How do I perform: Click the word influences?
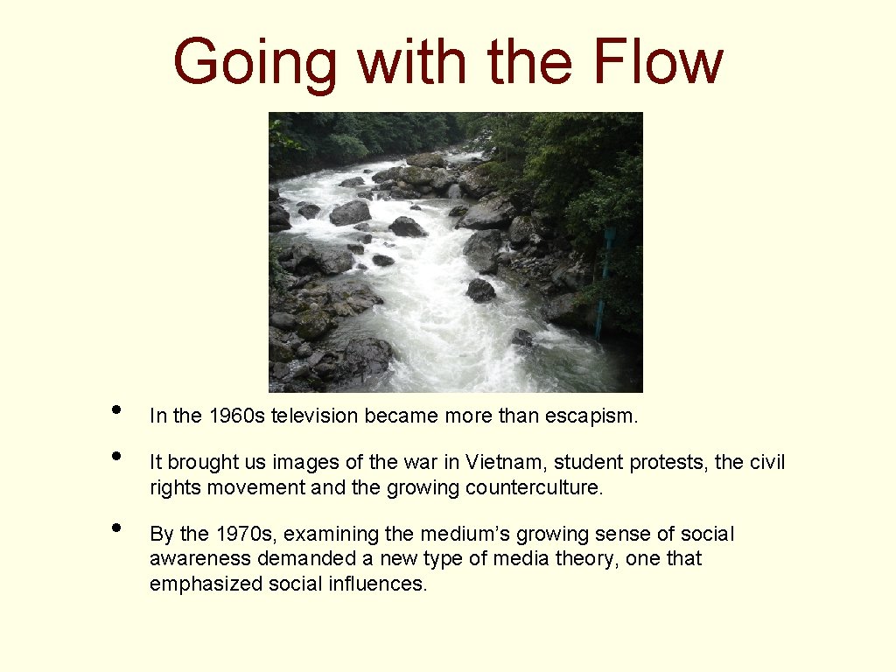click(x=377, y=583)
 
